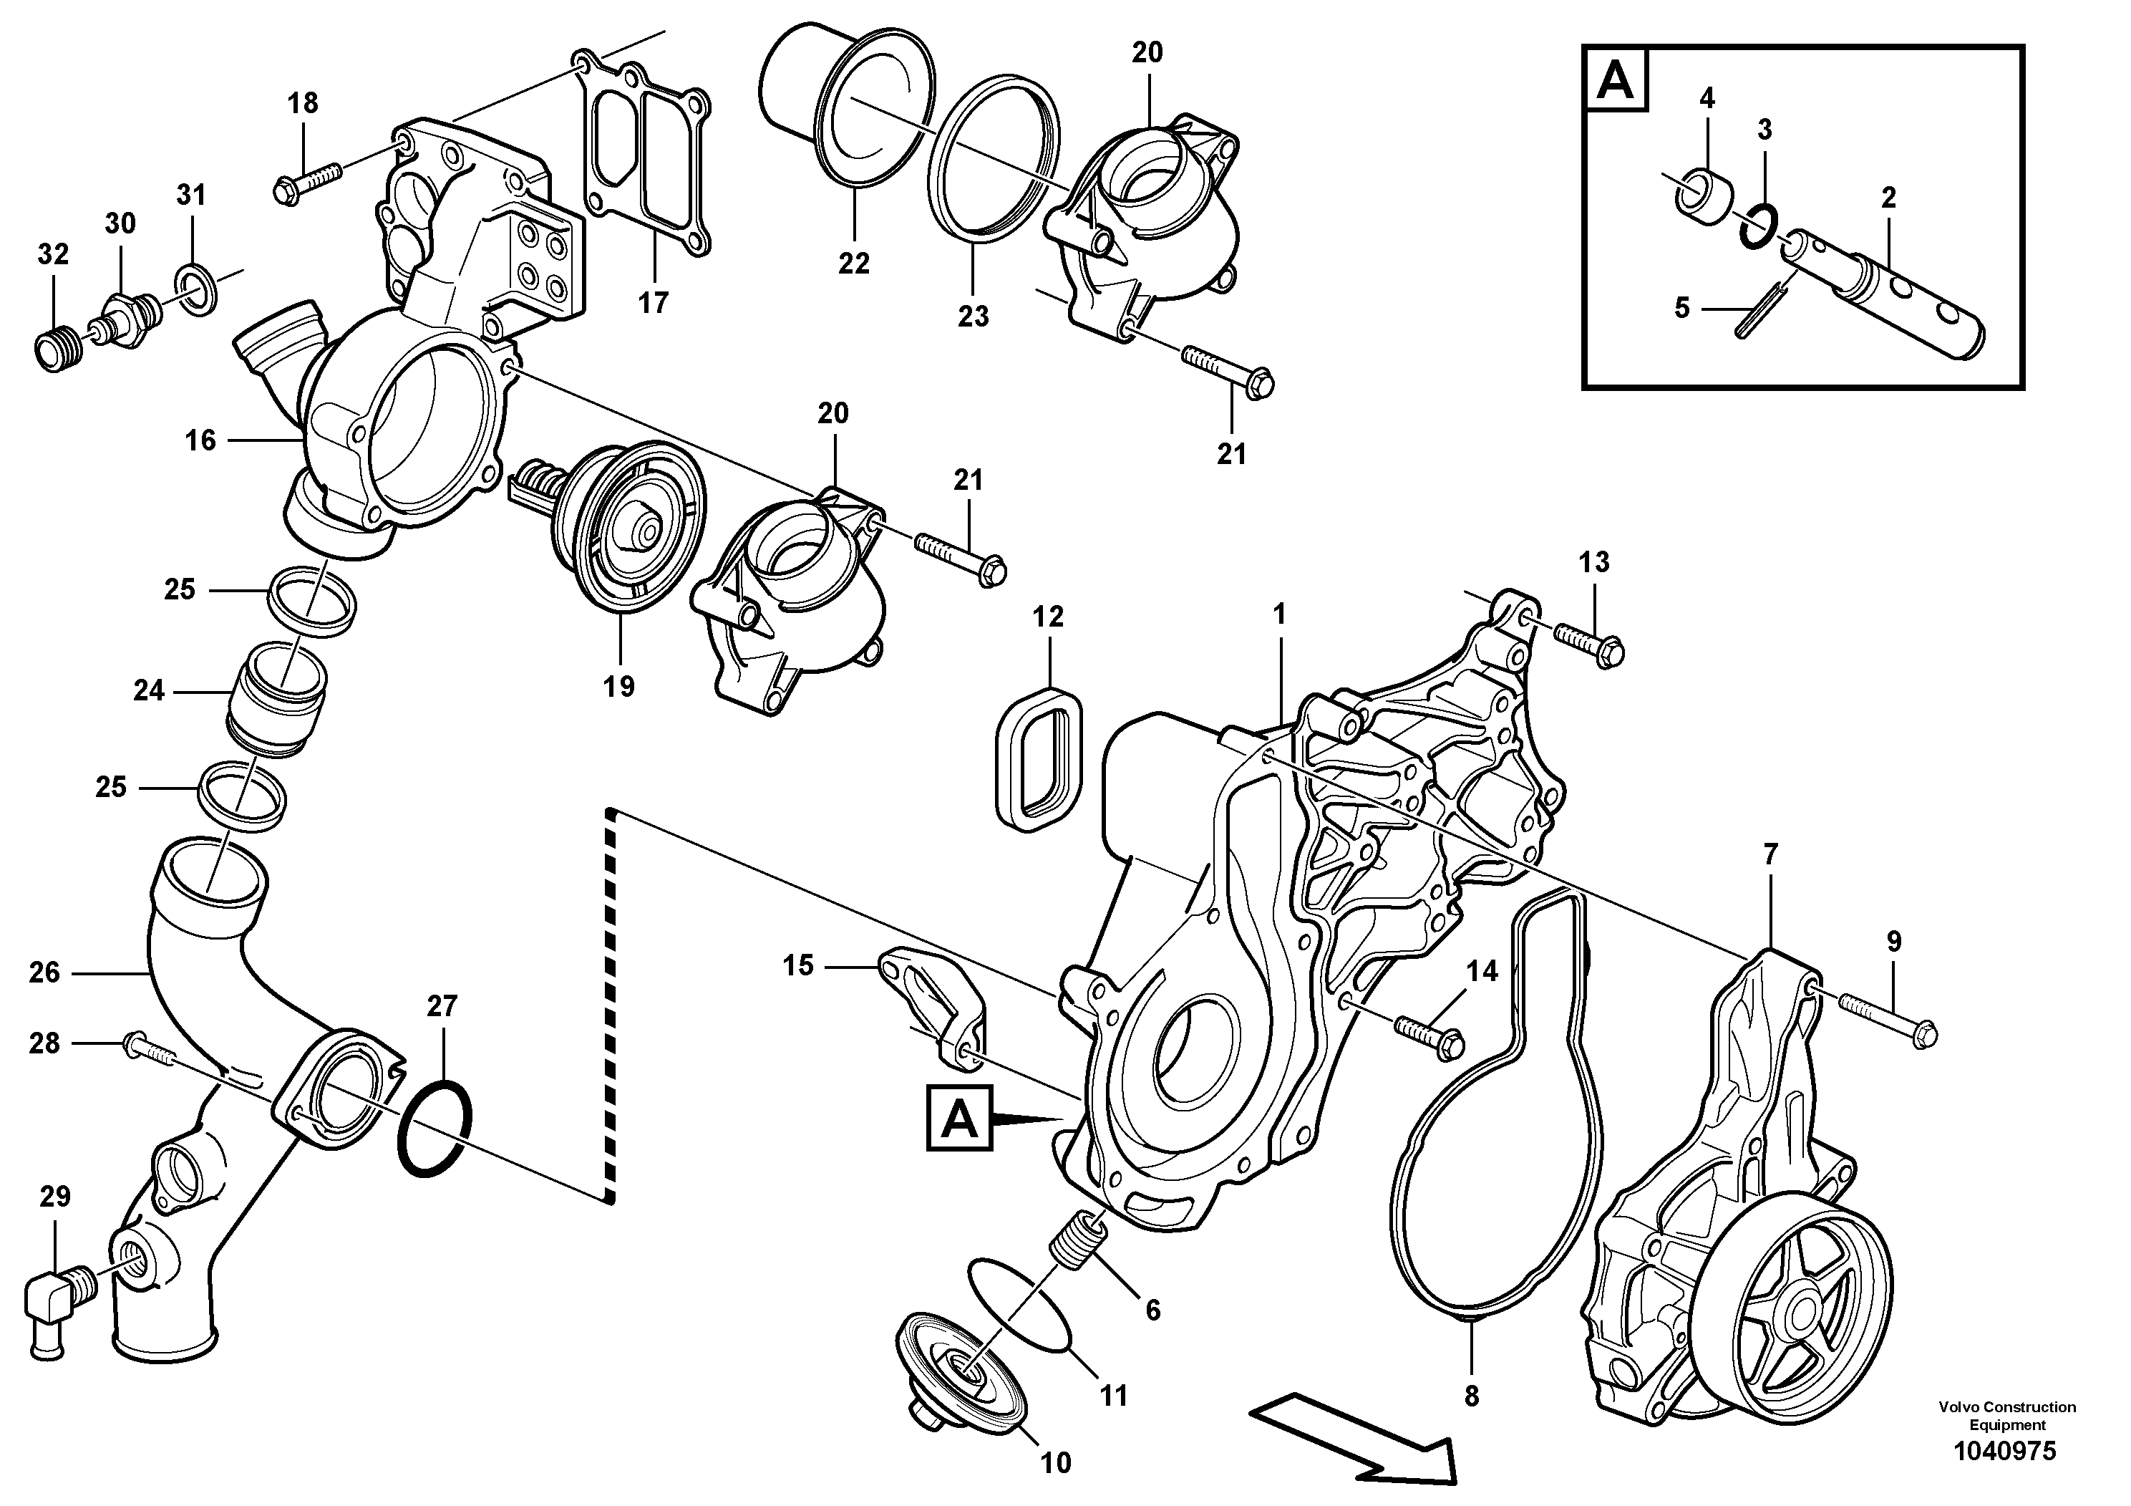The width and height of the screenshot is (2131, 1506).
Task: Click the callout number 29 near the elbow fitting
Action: (x=54, y=1197)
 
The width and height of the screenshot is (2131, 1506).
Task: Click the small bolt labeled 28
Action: (x=147, y=1049)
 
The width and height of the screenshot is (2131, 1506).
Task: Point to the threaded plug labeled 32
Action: (x=53, y=349)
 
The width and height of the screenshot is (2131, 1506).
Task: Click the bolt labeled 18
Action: (x=307, y=181)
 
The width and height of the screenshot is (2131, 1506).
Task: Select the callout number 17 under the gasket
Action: (x=653, y=303)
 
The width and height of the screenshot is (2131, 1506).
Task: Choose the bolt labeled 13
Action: (x=1588, y=644)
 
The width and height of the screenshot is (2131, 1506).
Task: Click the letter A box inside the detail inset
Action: (x=1617, y=82)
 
